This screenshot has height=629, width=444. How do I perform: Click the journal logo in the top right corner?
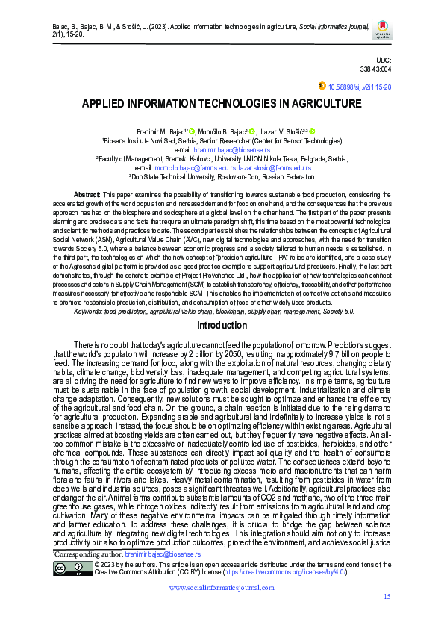pyautogui.click(x=382, y=30)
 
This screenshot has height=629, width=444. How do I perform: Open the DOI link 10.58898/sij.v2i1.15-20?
pyautogui.click(x=360, y=87)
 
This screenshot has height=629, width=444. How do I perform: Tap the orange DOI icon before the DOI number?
pyautogui.click(x=322, y=87)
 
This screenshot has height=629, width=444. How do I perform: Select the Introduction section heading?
pyautogui.click(x=222, y=326)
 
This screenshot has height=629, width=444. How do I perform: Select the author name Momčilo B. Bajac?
pyautogui.click(x=222, y=131)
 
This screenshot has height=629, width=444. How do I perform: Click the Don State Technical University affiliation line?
pyautogui.click(x=222, y=177)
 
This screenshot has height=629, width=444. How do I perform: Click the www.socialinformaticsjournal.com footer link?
pyautogui.click(x=222, y=589)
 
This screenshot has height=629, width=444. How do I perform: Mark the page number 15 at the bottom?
pyautogui.click(x=387, y=596)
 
